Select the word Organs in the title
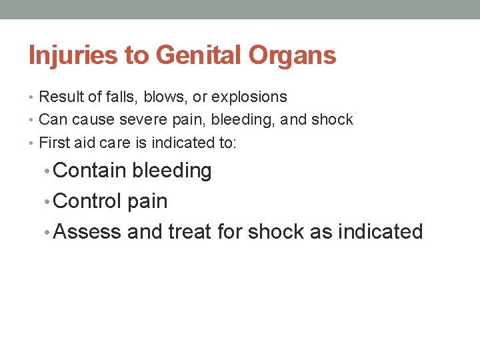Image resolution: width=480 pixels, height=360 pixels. (x=293, y=56)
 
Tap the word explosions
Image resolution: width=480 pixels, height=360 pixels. (x=249, y=97)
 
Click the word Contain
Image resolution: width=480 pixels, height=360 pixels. (x=89, y=171)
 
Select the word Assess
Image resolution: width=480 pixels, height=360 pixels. (x=87, y=231)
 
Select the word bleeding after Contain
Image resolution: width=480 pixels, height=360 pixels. (x=171, y=171)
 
